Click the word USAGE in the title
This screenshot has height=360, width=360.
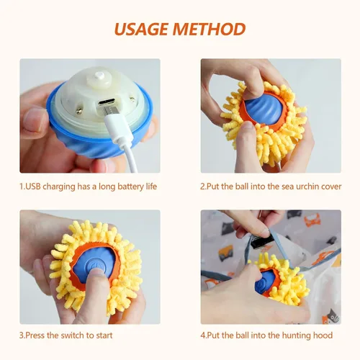141,29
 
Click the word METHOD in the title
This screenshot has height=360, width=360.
209,29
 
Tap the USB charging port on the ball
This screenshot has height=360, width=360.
109,102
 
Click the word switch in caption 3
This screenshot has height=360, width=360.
71,336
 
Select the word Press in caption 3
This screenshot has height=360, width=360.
35,336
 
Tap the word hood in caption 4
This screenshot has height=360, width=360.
323,336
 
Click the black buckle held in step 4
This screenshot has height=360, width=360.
260,241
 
